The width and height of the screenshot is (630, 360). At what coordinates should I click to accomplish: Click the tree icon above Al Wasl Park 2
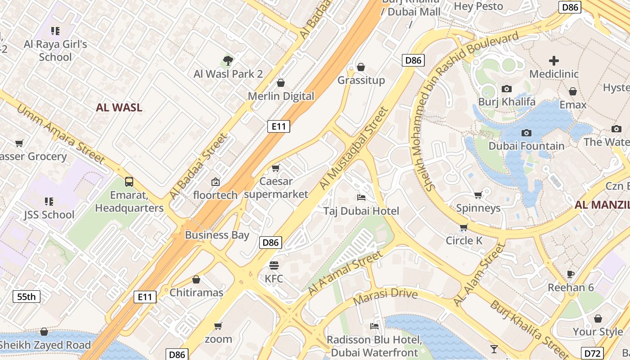point(228,60)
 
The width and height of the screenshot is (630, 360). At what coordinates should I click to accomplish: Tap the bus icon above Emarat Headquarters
point(129,182)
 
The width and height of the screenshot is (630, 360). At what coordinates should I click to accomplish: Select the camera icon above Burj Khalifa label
point(507,89)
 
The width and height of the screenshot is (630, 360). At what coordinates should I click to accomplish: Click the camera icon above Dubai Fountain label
point(526,133)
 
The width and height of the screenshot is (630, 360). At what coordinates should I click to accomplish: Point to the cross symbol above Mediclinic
point(553,60)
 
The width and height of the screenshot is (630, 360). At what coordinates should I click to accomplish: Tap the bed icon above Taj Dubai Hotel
point(361,197)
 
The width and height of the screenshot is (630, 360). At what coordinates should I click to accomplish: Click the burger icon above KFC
point(274,265)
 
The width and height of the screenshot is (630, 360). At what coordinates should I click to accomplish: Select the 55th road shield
point(26,297)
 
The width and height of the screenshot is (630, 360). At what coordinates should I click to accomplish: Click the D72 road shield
point(592,353)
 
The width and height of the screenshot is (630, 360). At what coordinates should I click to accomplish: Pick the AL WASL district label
point(119,107)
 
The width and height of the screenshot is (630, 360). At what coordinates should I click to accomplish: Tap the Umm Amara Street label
point(61,134)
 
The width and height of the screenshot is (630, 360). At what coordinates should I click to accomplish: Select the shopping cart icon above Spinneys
point(478,195)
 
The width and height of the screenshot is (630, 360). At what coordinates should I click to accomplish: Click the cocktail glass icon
point(494,349)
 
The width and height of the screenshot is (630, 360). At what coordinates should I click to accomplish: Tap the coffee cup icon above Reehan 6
point(571,274)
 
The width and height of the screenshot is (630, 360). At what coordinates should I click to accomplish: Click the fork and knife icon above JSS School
point(49,201)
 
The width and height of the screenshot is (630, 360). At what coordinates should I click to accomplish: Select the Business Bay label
point(217,234)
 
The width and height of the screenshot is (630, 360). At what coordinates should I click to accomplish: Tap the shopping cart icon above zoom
point(218,325)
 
